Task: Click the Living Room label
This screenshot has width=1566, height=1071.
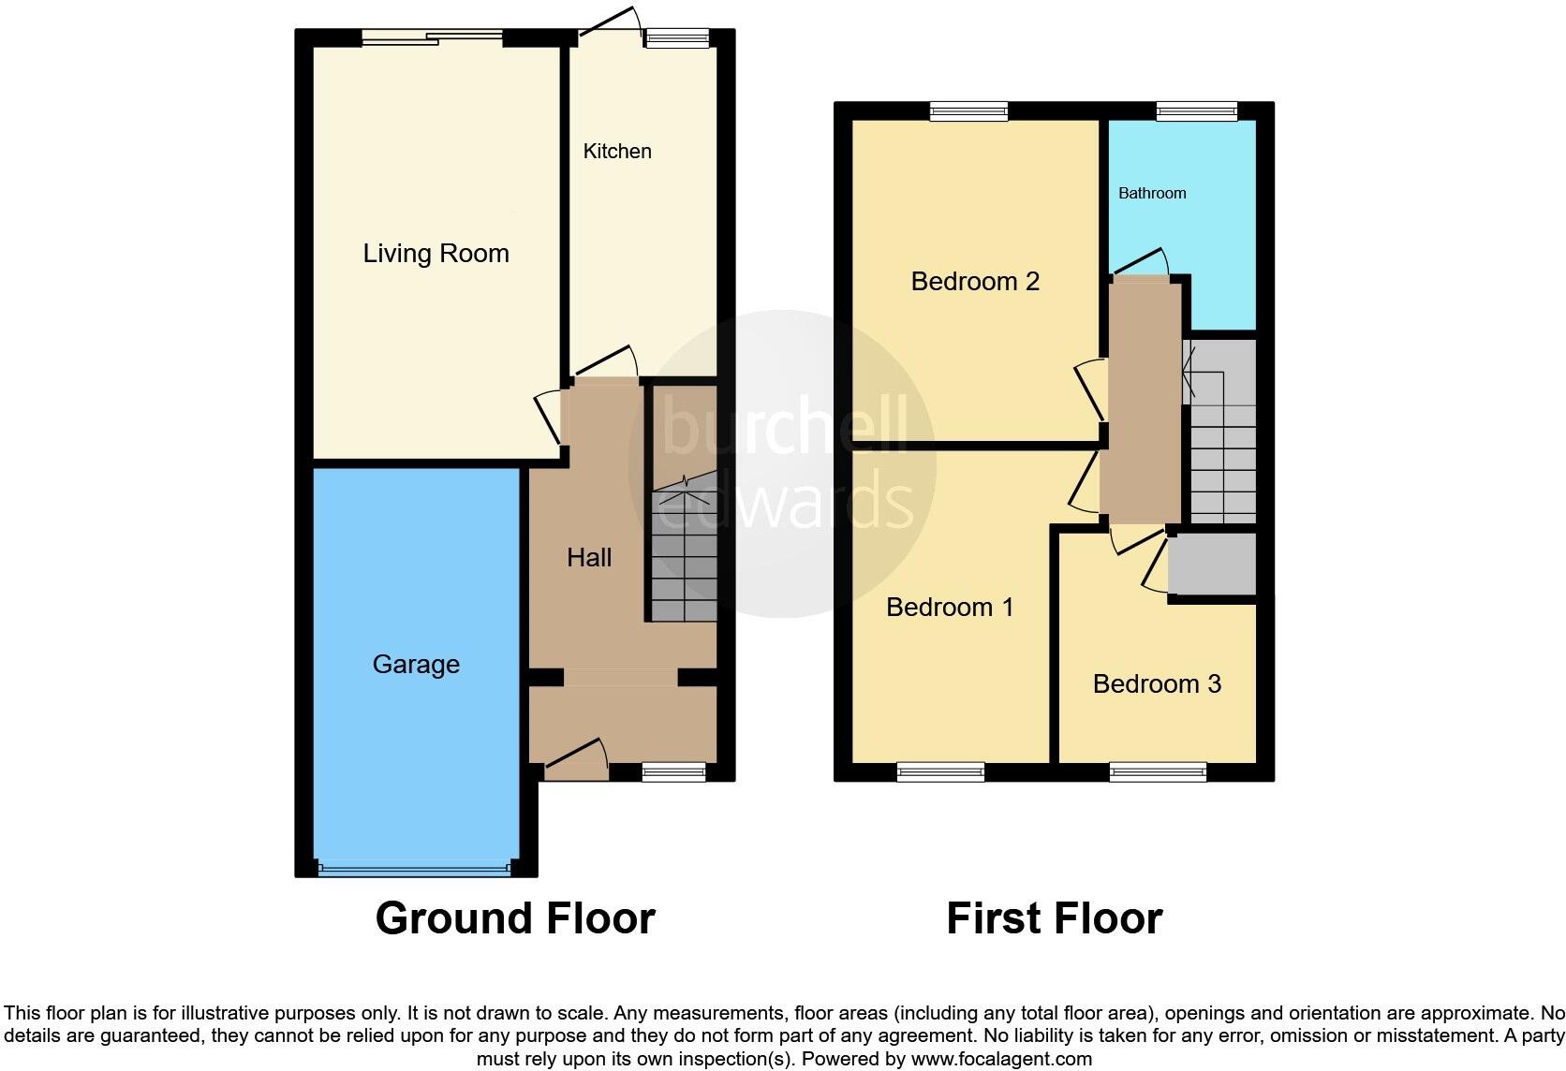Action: click(x=436, y=254)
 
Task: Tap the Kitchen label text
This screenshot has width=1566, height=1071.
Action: click(x=616, y=152)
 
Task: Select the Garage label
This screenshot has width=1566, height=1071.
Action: click(x=416, y=665)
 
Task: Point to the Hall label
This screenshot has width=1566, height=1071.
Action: click(x=589, y=558)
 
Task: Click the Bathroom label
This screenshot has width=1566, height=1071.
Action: click(x=1152, y=194)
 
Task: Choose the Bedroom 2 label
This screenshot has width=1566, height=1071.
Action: click(x=975, y=282)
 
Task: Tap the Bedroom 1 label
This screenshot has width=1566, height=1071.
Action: click(x=950, y=608)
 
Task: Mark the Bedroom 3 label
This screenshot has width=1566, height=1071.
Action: click(x=1157, y=684)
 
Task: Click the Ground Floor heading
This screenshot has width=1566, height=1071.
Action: click(x=514, y=918)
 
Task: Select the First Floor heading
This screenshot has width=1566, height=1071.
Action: click(x=1054, y=918)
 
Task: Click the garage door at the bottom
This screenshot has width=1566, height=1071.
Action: click(x=416, y=869)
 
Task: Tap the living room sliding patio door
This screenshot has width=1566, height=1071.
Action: click(x=433, y=37)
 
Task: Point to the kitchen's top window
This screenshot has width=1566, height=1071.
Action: click(x=676, y=38)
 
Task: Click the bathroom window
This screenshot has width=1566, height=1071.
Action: click(x=1196, y=111)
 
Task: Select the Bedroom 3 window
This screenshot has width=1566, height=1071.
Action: click(x=1158, y=772)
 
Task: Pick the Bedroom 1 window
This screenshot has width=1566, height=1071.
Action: click(x=940, y=772)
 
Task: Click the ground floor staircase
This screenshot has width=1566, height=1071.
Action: click(x=684, y=552)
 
